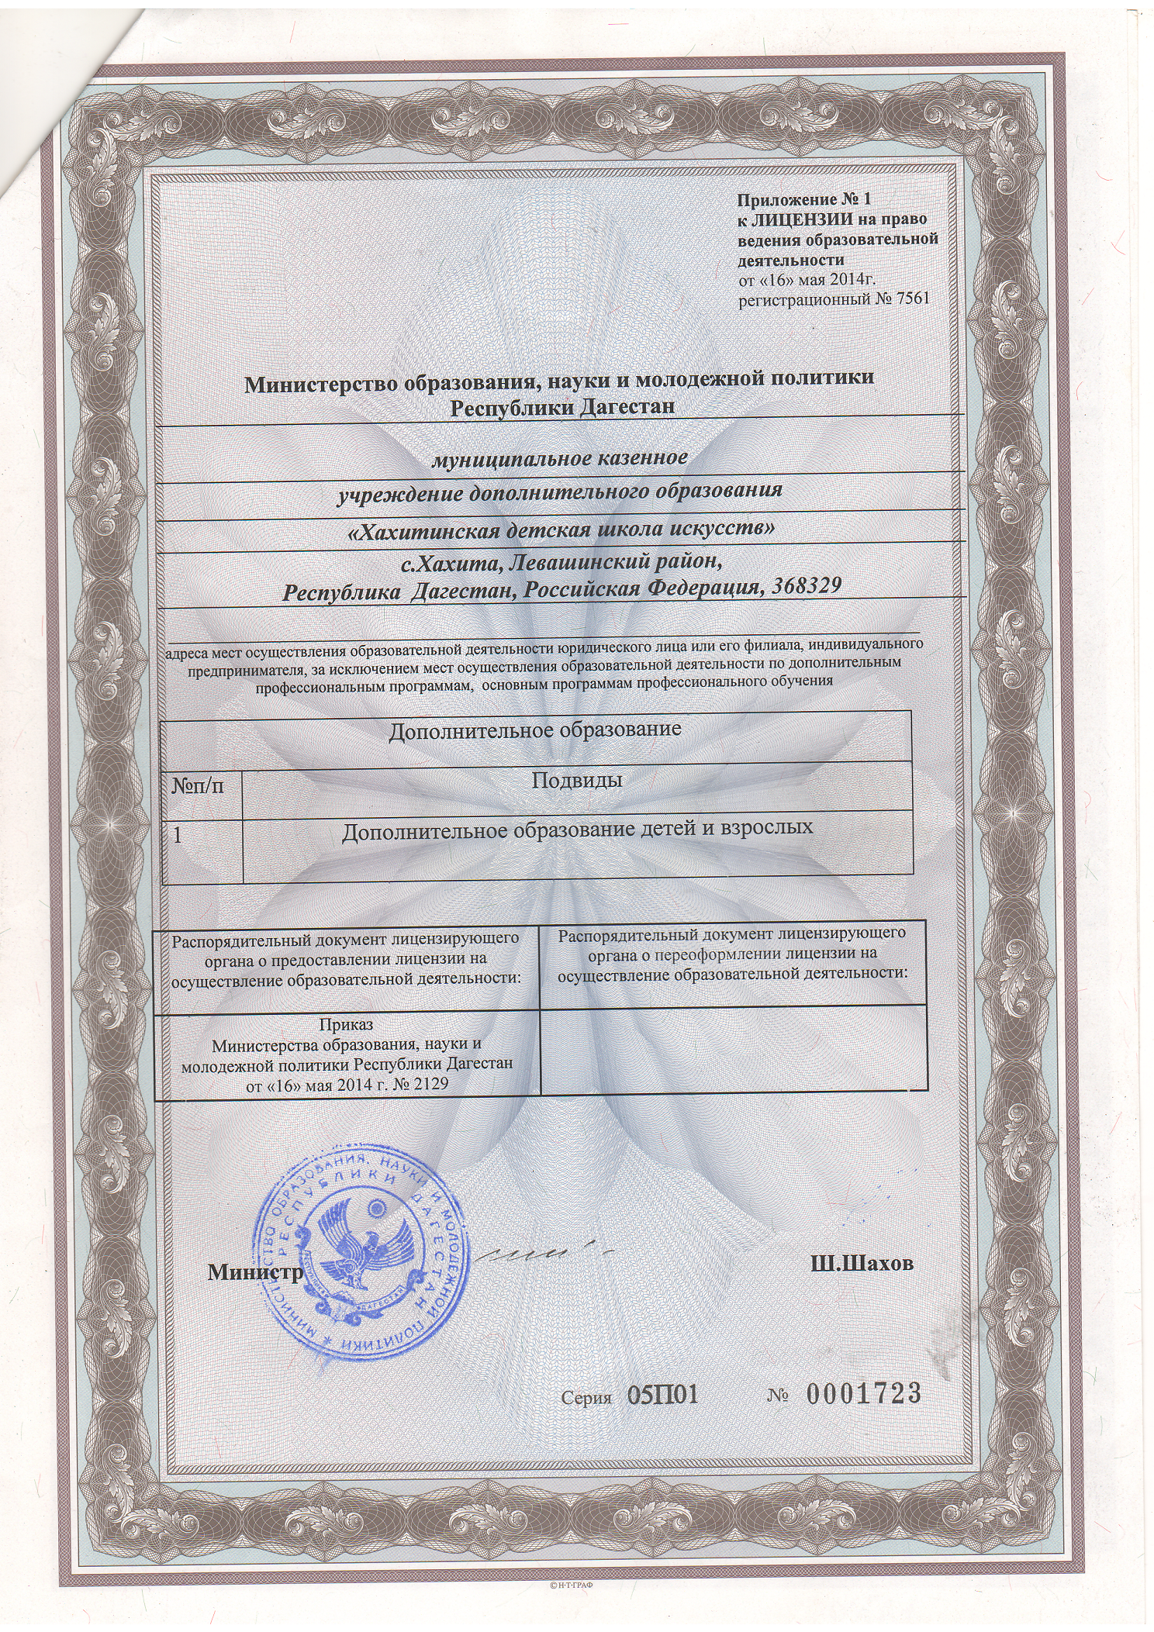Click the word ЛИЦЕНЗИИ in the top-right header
798,220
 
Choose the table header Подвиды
577,780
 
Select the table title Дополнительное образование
535,730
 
